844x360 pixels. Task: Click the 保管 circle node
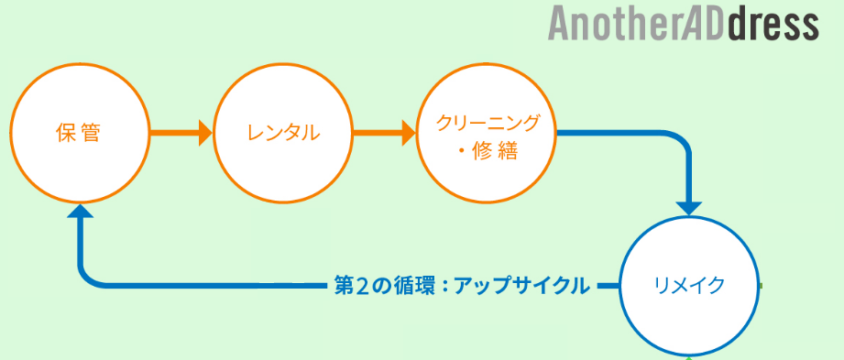[x=80, y=133]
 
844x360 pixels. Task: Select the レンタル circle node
[x=283, y=133]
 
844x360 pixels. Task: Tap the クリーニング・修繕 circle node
[x=487, y=133]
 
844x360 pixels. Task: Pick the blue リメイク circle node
[x=689, y=286]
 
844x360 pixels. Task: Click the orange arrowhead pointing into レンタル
[x=205, y=133]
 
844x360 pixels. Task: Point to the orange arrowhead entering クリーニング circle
[x=409, y=133]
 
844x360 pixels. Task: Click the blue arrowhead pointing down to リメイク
[x=689, y=209]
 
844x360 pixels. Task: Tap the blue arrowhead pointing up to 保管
[x=80, y=211]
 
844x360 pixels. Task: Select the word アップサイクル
[x=521, y=286]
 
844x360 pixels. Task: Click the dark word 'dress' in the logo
[x=773, y=24]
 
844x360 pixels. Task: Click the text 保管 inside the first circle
[x=78, y=133]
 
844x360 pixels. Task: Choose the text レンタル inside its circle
[x=283, y=133]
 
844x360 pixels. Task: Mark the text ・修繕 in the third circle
[x=488, y=153]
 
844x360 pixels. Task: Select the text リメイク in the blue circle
[x=689, y=286]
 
